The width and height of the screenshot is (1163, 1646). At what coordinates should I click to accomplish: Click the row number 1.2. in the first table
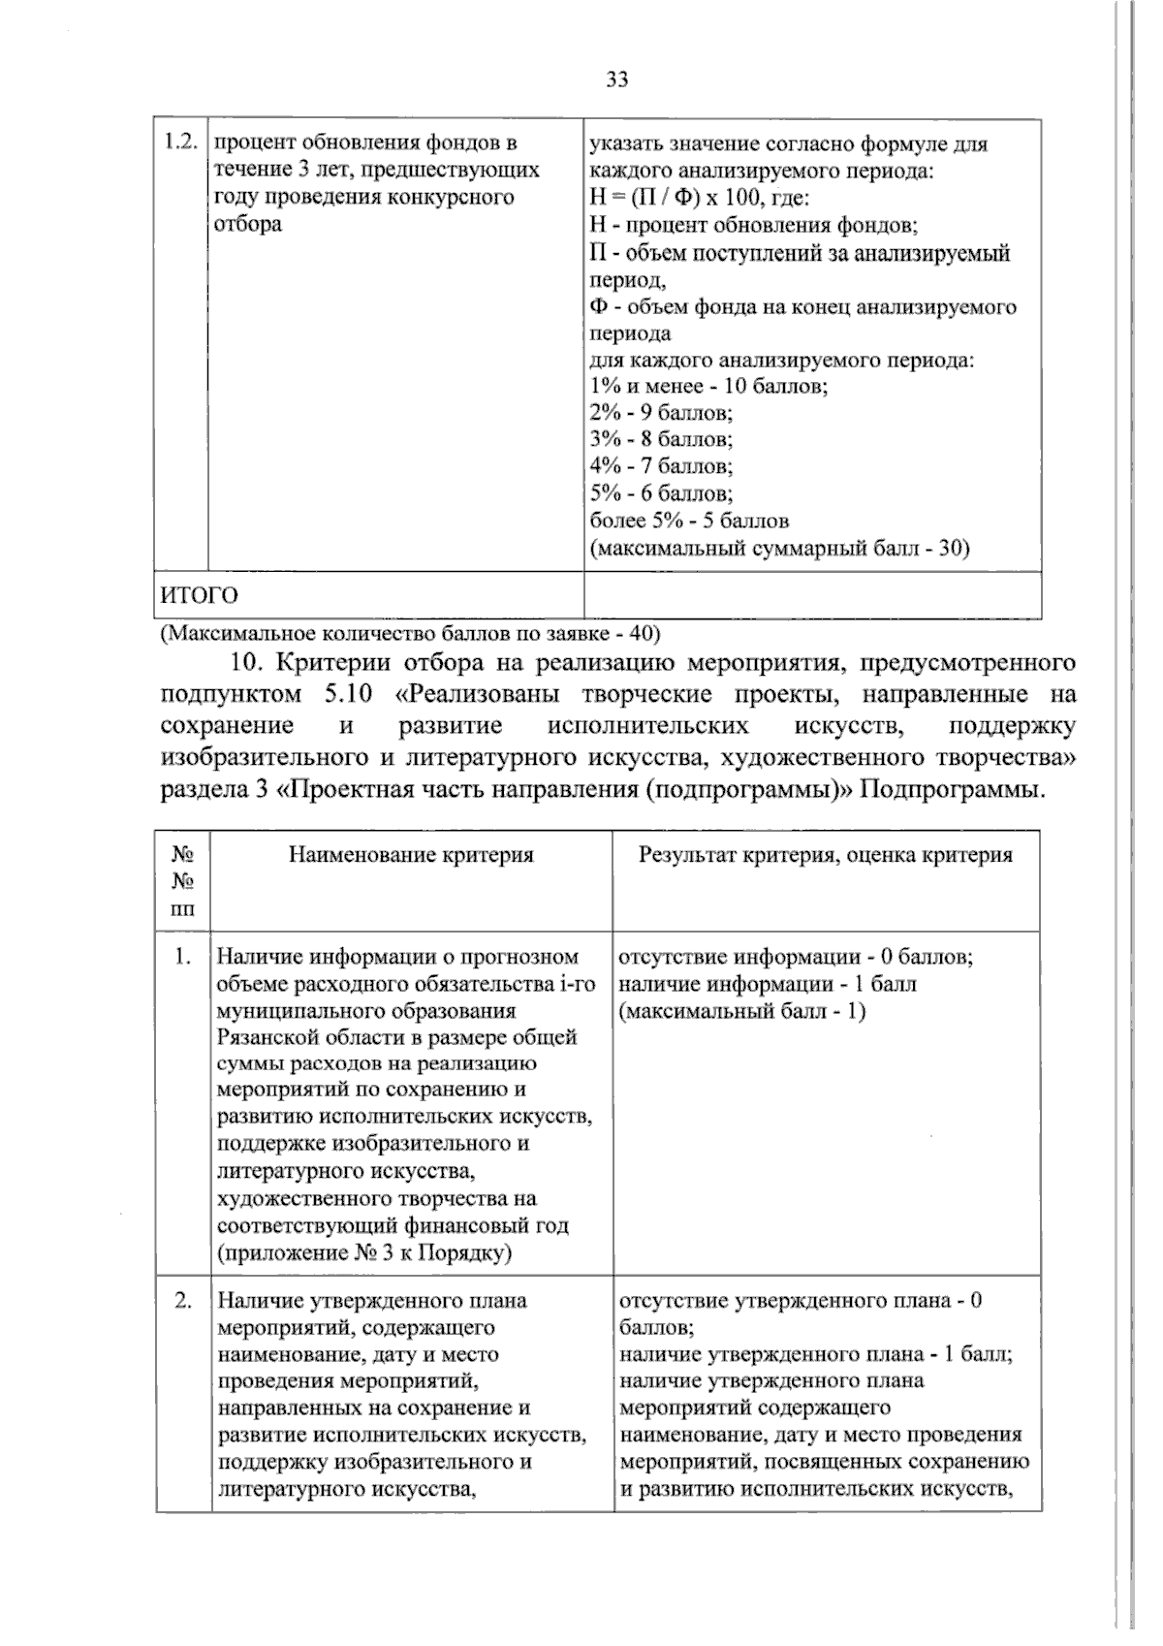(180, 142)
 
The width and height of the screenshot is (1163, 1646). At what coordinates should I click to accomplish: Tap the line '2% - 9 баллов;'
(662, 413)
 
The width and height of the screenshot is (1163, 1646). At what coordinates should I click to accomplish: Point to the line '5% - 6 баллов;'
(662, 493)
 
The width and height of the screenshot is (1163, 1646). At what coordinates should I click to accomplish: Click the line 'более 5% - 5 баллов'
(689, 521)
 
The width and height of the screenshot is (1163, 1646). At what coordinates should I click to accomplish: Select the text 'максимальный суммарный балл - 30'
(780, 548)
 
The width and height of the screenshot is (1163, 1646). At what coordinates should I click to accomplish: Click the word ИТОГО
(199, 594)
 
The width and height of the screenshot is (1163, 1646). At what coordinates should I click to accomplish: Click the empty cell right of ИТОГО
(812, 594)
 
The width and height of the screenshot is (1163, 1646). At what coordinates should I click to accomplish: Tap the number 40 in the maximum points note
(641, 634)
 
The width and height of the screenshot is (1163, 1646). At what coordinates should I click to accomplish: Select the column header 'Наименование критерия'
(411, 855)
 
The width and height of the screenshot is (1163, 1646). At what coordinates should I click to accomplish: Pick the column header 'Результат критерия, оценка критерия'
(826, 855)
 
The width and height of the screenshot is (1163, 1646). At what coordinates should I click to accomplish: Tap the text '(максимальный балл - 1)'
(741, 1011)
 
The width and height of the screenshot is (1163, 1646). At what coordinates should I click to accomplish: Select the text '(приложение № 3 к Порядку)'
(364, 1252)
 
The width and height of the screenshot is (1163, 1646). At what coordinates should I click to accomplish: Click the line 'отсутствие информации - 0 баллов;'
(796, 957)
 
